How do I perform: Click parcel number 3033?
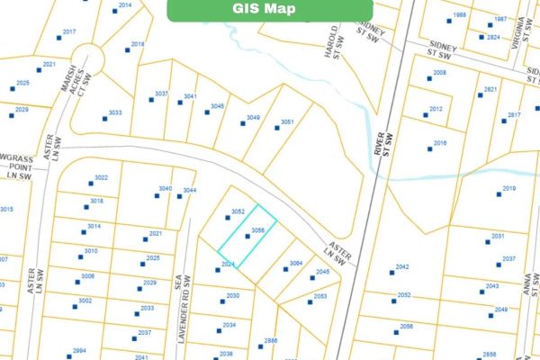coord(114,112)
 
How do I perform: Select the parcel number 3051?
coord(287,121)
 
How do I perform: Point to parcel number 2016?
coord(440,143)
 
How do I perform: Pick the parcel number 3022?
coord(101,177)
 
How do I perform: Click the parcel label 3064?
coord(295,263)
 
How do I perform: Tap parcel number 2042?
coord(402,266)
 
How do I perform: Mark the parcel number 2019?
coord(508,188)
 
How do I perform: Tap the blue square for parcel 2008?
coord(429,79)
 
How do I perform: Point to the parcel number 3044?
coord(189,190)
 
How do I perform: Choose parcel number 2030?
coord(232,295)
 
